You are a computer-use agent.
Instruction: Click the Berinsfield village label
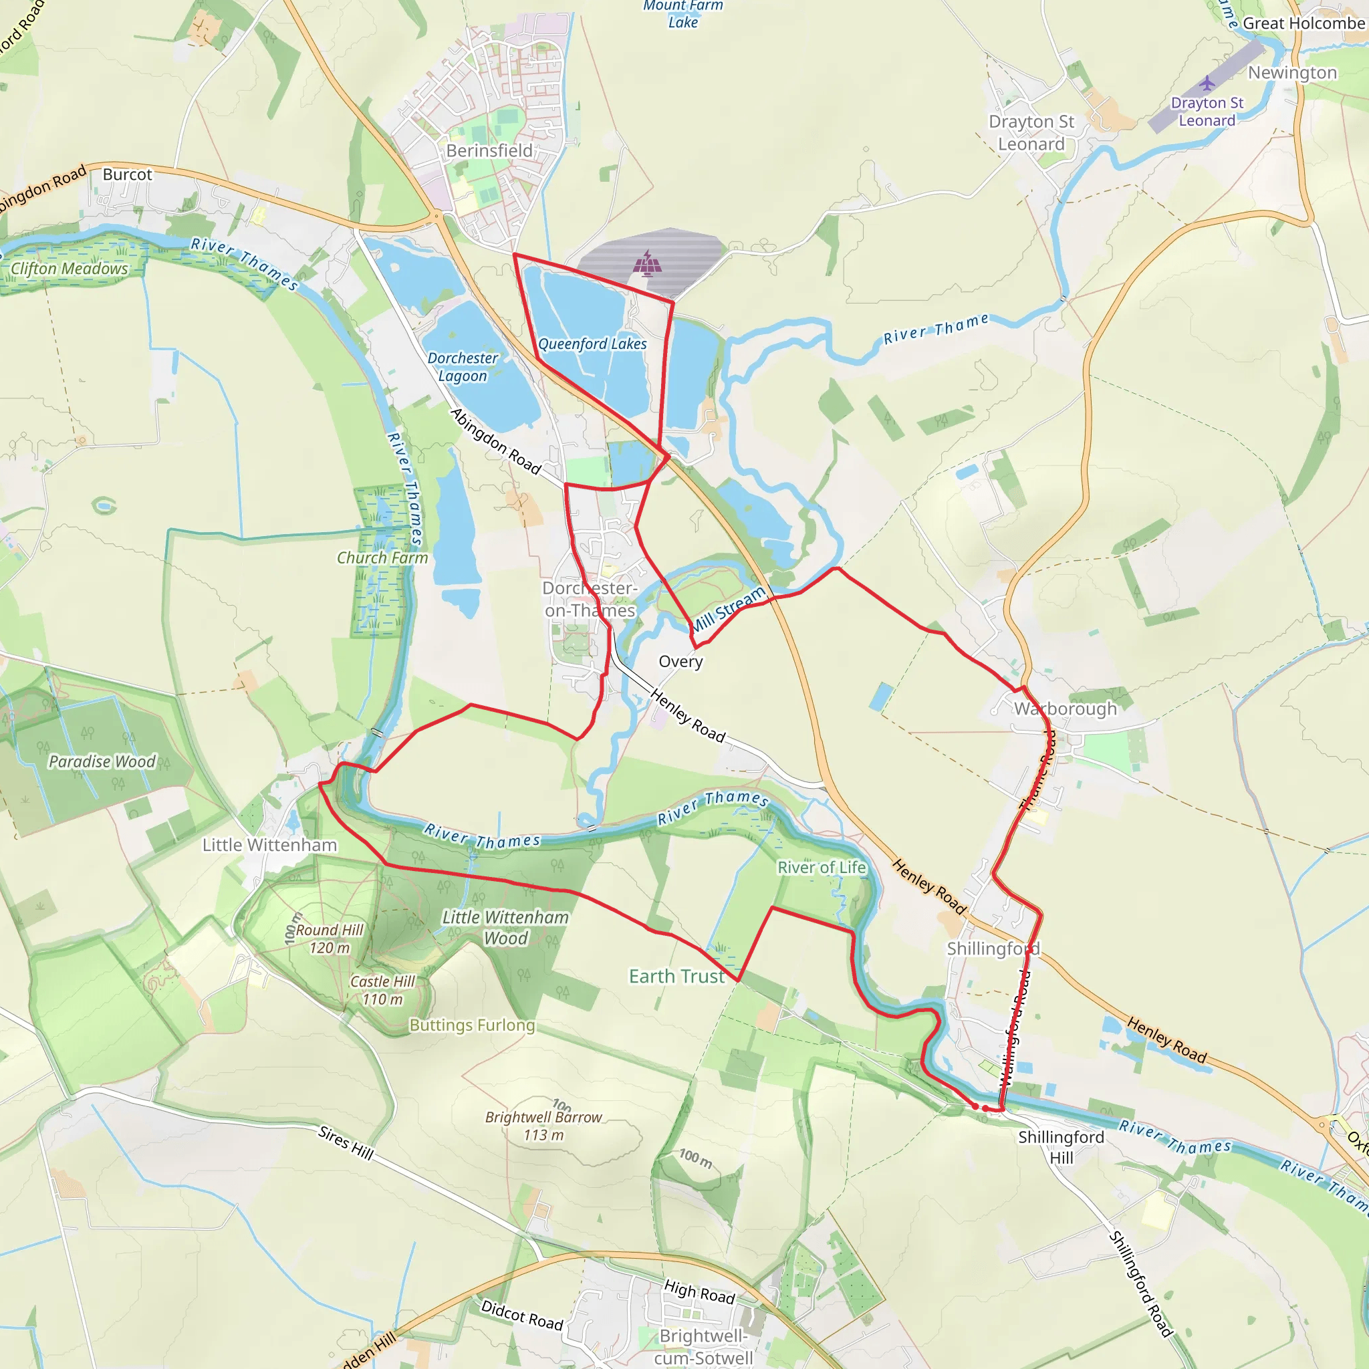point(489,151)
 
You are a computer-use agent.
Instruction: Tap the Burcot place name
point(128,174)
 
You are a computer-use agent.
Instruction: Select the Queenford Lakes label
point(592,344)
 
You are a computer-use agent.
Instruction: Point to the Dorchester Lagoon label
point(463,367)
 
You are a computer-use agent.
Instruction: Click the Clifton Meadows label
point(70,269)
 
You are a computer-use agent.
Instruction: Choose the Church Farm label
point(382,558)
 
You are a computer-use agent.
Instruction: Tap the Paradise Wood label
point(102,762)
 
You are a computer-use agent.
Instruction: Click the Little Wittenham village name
point(269,846)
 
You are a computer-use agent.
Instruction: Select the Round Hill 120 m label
point(329,939)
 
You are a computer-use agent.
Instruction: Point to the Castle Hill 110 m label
point(382,991)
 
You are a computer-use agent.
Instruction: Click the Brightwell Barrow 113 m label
point(543,1126)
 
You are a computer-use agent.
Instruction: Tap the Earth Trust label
point(676,977)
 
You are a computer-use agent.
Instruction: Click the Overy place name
point(680,662)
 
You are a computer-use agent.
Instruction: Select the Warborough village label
point(1065,709)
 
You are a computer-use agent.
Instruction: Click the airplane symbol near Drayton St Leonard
point(1207,84)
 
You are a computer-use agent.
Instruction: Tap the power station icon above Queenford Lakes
point(648,262)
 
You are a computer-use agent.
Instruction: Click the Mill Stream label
point(728,610)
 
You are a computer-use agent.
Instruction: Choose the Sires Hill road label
point(346,1142)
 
